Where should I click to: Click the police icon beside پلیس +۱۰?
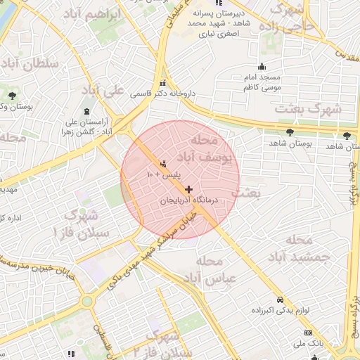click(x=165, y=164)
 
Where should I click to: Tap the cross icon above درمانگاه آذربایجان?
click(x=188, y=189)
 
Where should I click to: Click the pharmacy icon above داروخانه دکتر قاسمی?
click(x=163, y=81)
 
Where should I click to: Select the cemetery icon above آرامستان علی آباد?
click(x=86, y=112)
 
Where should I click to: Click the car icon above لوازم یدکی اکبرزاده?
click(x=281, y=298)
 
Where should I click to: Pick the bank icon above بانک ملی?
click(x=308, y=333)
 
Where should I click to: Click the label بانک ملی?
click(x=308, y=344)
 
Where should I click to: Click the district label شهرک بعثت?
click(x=308, y=110)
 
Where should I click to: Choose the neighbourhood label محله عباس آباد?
click(x=220, y=270)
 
